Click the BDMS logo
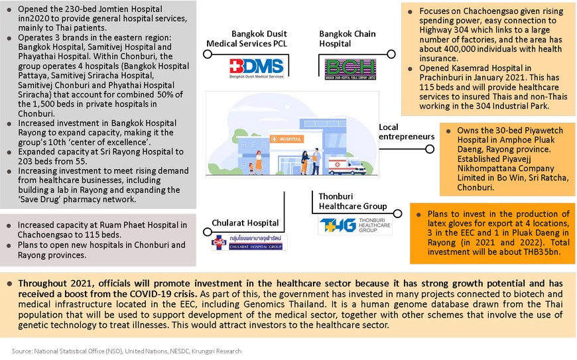(x=257, y=68)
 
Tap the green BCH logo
(x=350, y=69)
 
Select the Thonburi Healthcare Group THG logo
(x=355, y=225)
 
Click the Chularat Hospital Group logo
(x=249, y=243)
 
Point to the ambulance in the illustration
(x=347, y=166)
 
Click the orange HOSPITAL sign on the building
(x=287, y=139)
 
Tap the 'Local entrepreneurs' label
(x=407, y=132)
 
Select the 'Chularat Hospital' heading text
(x=245, y=223)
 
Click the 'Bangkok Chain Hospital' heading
(x=348, y=38)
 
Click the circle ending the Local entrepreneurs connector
(x=430, y=149)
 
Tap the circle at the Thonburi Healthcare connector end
(x=397, y=213)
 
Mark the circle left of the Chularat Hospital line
(x=208, y=231)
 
